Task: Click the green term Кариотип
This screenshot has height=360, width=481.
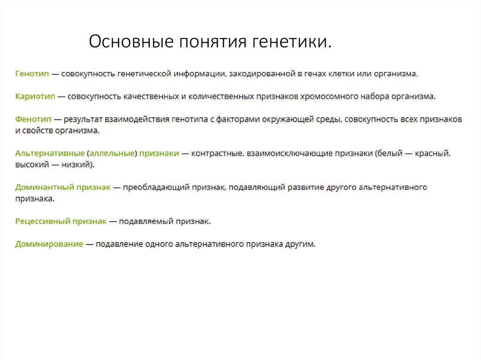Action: (35, 97)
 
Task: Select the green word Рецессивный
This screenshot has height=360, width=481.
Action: (42, 221)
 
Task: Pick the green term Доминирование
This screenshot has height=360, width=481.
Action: (49, 244)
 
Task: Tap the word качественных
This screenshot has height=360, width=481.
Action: (150, 97)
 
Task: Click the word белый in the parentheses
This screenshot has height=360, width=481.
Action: (389, 153)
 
